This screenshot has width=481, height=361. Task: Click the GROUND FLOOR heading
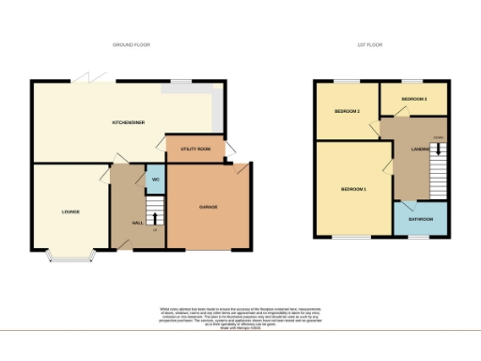coord(131,44)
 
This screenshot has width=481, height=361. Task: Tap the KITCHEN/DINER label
coord(127,122)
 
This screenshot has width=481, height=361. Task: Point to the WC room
coord(154,179)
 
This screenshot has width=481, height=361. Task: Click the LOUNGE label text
coord(70,212)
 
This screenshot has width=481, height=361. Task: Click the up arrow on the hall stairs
coord(156,218)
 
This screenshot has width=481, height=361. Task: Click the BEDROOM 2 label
coord(347,112)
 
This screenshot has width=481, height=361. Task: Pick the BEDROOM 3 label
coord(413,99)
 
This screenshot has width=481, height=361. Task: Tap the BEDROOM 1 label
coord(352,189)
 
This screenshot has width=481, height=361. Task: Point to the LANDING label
coord(420,149)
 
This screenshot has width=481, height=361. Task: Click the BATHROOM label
coord(420,219)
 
